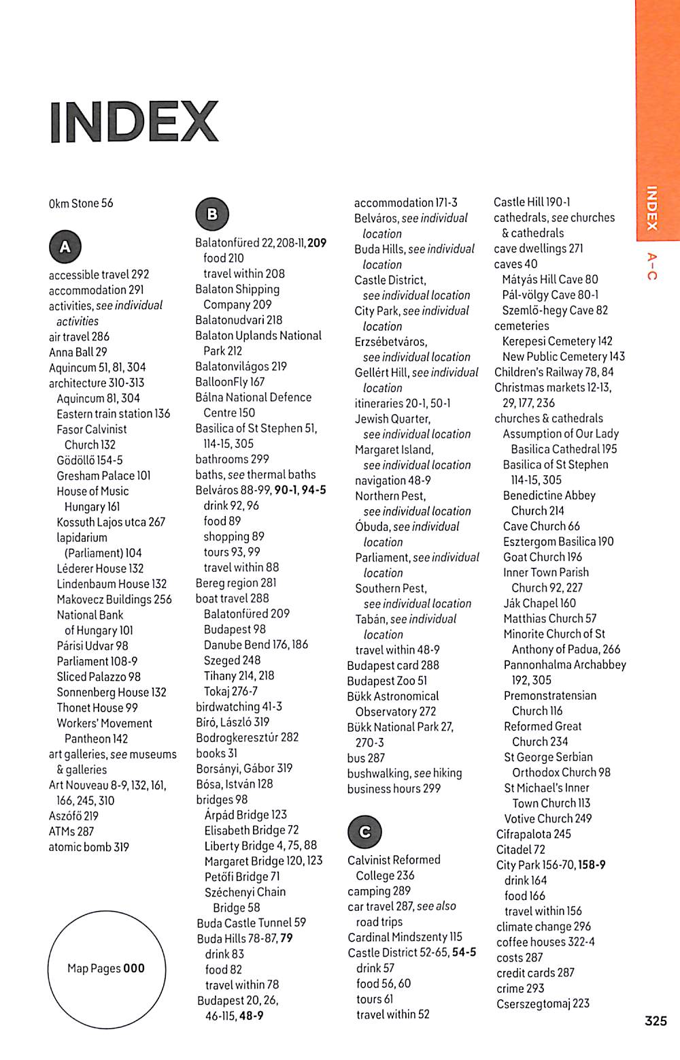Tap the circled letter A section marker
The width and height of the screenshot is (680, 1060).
click(65, 246)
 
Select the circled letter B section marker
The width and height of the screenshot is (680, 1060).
click(212, 214)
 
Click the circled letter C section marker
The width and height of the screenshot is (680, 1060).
click(364, 831)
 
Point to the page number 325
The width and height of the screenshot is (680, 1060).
click(656, 1021)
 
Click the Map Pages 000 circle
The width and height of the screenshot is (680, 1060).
click(106, 968)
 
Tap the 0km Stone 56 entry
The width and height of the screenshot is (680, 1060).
click(81, 203)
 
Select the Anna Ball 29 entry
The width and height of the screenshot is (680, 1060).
click(78, 352)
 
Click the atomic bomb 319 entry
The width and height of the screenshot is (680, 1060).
click(88, 847)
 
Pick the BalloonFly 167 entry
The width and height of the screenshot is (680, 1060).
click(230, 382)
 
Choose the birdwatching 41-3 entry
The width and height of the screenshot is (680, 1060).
click(239, 707)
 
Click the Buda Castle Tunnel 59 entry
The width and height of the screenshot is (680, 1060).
click(251, 922)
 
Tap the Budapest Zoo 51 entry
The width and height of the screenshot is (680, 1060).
click(387, 681)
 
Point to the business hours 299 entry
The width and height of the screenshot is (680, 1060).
click(394, 788)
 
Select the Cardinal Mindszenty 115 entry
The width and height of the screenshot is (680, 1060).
click(405, 937)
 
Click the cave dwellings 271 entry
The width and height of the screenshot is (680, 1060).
click(539, 248)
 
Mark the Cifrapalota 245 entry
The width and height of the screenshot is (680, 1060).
click(534, 834)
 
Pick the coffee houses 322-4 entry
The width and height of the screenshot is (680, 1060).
click(545, 942)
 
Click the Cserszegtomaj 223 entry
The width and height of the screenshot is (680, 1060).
click(543, 1003)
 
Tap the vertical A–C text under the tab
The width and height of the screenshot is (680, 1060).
click(651, 266)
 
